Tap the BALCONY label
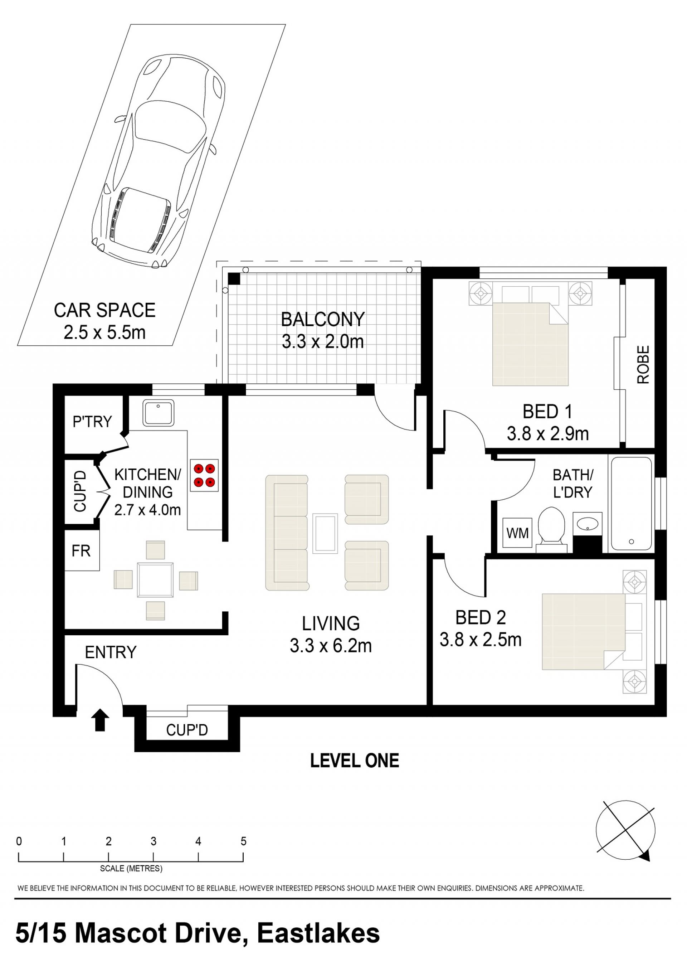click(323, 320)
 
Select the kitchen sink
click(158, 413)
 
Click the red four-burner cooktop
click(204, 475)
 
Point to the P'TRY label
click(92, 422)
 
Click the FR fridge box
click(82, 550)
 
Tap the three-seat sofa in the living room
click(287, 533)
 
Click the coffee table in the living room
click(325, 534)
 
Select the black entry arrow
click(100, 720)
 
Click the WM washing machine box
click(517, 534)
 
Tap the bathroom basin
click(588, 525)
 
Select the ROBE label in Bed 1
click(643, 365)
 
